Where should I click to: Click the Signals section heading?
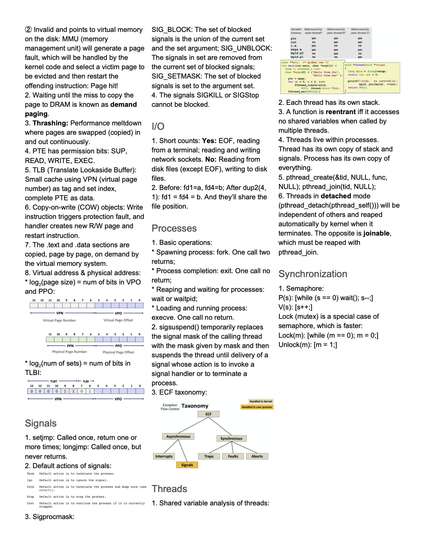[x=41, y=423]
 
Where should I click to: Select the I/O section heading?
[x=158, y=126]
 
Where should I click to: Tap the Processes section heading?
[x=174, y=228]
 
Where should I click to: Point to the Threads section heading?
[x=169, y=489]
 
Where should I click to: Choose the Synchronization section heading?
[x=313, y=274]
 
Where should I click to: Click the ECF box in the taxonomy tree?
[x=209, y=414]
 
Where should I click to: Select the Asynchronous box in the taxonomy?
[x=178, y=437]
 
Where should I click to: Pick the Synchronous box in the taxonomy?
[x=231, y=439]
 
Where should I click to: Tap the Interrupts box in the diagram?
[x=164, y=457]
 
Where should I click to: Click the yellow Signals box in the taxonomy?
[x=187, y=465]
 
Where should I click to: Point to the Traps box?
[x=209, y=457]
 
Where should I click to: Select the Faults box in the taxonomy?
[x=233, y=457]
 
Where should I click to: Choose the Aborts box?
[x=257, y=457]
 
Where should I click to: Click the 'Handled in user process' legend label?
[x=257, y=407]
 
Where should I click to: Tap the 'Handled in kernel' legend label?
[x=261, y=401]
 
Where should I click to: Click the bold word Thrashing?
[x=50, y=123]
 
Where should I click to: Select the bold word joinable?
[x=376, y=233]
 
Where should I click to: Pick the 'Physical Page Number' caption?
[x=69, y=352]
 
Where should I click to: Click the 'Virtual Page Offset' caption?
[x=118, y=320]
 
